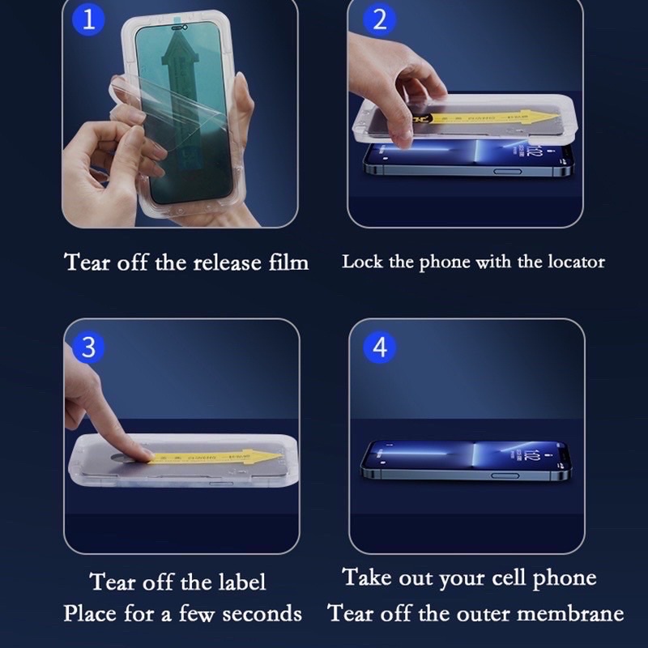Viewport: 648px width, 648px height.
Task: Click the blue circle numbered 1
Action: coord(89,20)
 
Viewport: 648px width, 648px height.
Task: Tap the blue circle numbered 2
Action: coord(379,20)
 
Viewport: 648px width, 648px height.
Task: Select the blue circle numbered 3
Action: coord(89,347)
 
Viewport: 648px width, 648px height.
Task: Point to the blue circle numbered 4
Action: coord(379,347)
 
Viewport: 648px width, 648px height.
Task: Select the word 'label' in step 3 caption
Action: coord(241,582)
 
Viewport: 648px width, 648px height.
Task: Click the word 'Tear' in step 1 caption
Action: coord(87,262)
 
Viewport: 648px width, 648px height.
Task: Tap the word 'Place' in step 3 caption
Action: coord(91,613)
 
